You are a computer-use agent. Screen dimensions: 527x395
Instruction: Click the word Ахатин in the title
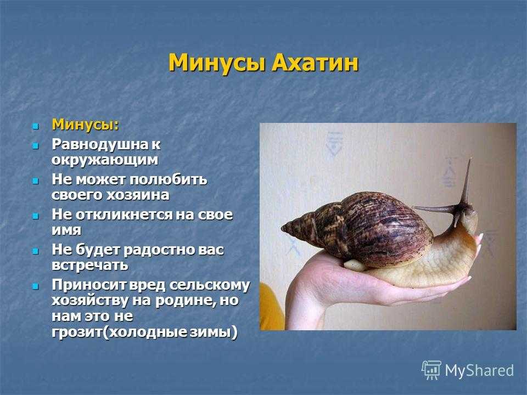click(x=315, y=63)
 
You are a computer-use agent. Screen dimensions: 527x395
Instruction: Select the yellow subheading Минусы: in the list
click(x=86, y=125)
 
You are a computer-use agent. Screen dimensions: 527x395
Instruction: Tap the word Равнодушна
click(x=95, y=144)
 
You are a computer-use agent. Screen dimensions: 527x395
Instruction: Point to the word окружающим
click(x=104, y=160)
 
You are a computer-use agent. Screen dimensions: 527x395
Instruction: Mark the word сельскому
click(x=209, y=285)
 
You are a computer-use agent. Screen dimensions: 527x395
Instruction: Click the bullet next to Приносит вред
click(x=35, y=286)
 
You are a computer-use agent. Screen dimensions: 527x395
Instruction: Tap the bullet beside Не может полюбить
click(x=35, y=181)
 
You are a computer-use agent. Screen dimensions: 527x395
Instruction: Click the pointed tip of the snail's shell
click(x=282, y=227)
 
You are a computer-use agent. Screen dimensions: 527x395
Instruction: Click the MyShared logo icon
click(x=431, y=370)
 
